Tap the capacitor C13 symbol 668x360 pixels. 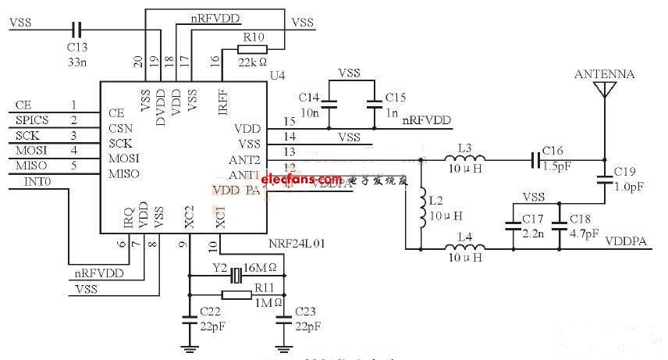[76, 30]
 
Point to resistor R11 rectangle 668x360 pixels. [236, 294]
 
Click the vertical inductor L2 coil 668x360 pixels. [421, 204]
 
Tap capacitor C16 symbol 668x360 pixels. [536, 159]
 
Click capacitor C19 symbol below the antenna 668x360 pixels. [603, 180]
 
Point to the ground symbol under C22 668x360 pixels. [188, 347]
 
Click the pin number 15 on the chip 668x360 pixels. [290, 121]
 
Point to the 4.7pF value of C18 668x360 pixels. [584, 233]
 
